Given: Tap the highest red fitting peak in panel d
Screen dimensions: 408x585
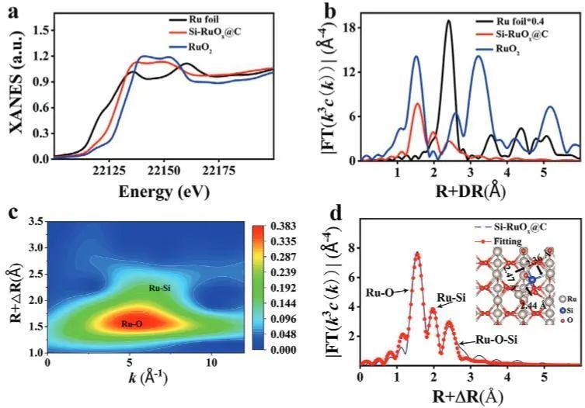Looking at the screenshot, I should click(416, 254).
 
